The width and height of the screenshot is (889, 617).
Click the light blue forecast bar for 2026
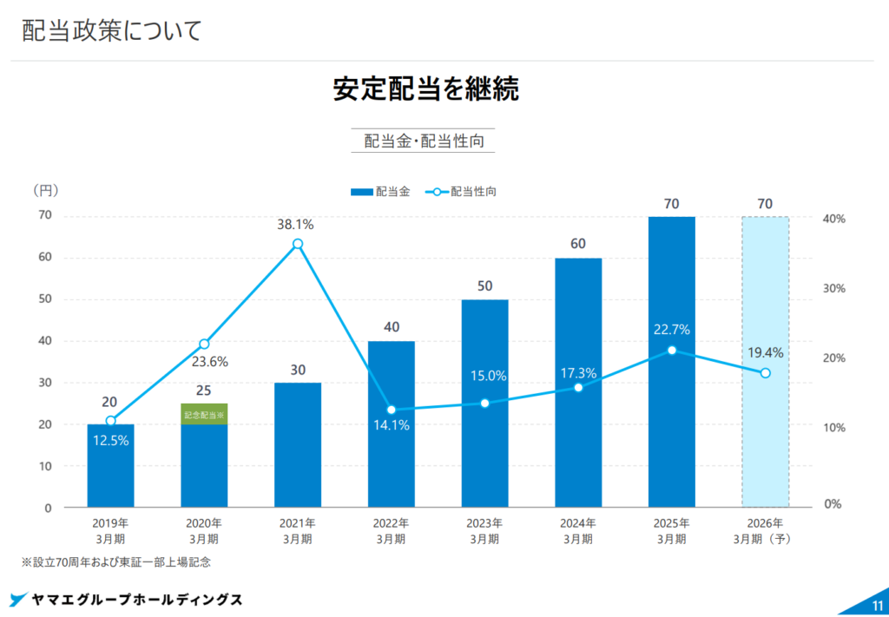pyautogui.click(x=765, y=434)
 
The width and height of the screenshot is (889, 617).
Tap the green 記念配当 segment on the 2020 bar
pyautogui.click(x=204, y=414)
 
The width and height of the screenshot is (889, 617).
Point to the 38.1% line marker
pyautogui.click(x=298, y=244)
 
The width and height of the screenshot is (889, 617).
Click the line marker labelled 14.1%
pyautogui.click(x=391, y=410)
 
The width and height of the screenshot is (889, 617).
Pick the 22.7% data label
pyautogui.click(x=672, y=330)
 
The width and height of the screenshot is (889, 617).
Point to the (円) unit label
pyautogui.click(x=45, y=190)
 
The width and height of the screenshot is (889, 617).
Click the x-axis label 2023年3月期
pyautogui.click(x=484, y=531)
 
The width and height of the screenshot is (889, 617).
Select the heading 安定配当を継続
pyautogui.click(x=425, y=89)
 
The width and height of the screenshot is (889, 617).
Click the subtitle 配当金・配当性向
pyautogui.click(x=423, y=141)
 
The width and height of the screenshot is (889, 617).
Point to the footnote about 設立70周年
pyautogui.click(x=116, y=562)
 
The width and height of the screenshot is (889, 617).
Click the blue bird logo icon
pyautogui.click(x=18, y=600)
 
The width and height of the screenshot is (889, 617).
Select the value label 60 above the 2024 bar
pyautogui.click(x=577, y=244)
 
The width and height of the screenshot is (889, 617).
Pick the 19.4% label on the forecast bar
pyautogui.click(x=765, y=353)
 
